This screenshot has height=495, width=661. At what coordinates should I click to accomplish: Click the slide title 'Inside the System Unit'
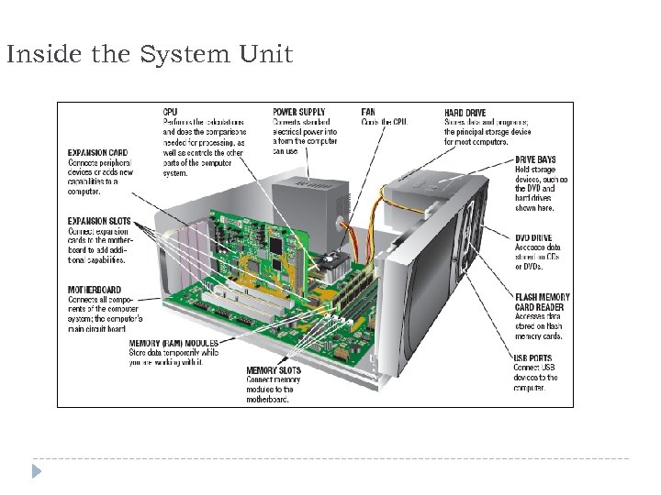149,55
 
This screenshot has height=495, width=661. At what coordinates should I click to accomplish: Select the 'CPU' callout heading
171,113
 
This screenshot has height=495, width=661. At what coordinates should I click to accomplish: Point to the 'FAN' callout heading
368,113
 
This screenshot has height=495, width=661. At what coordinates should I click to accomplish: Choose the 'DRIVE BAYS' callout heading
534,159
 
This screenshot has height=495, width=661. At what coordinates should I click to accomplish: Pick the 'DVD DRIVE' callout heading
533,238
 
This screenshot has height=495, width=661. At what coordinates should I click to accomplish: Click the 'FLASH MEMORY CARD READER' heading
541,302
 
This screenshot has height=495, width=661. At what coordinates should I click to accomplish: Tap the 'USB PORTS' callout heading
532,358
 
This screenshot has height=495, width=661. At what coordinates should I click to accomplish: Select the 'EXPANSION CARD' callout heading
97,152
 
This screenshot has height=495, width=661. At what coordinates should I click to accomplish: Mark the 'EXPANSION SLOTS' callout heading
99,221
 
